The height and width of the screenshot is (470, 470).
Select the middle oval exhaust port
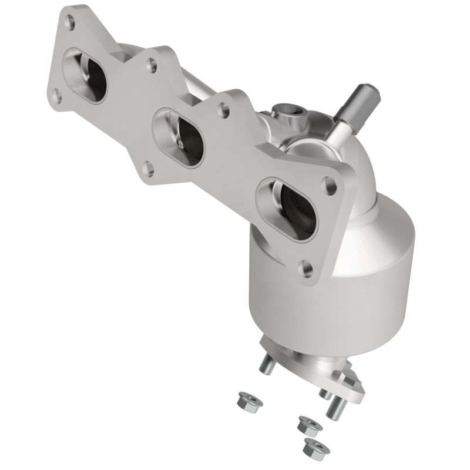coord(179,137)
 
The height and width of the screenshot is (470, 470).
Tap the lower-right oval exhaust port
coord(286,209)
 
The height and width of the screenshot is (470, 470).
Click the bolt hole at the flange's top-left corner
coord(69,23)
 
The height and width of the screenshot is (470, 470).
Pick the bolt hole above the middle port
coord(152,65)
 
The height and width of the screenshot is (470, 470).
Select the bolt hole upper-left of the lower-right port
coord(224,110)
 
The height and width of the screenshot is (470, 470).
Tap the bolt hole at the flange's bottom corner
coord(306,269)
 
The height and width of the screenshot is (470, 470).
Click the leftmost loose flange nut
coord(243,401)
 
